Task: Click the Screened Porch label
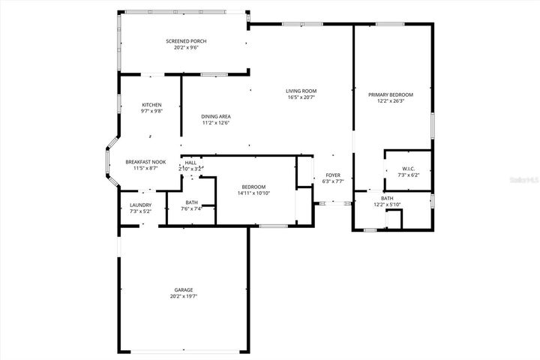(x=186, y=40)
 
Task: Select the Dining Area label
(x=215, y=116)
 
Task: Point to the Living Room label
(x=301, y=91)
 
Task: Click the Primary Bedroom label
(x=390, y=94)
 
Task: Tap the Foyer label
(x=333, y=175)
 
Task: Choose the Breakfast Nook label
(x=145, y=162)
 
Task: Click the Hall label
(x=190, y=163)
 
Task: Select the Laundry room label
(x=140, y=205)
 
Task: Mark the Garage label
(x=184, y=289)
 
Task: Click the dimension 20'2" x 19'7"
(x=184, y=296)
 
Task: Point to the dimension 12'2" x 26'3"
(x=390, y=101)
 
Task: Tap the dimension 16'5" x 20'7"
(x=301, y=97)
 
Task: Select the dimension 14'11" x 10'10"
(x=253, y=193)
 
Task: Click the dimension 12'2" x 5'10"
(x=387, y=205)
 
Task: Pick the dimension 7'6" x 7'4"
(x=192, y=208)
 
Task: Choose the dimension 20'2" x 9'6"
(x=186, y=47)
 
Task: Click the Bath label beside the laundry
(x=192, y=202)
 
